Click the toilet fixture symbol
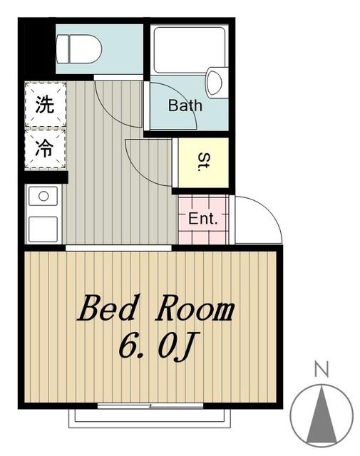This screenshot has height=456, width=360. click(x=78, y=49)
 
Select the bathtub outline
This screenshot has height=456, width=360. click(x=190, y=50)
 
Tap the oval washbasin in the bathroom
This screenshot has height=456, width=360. click(x=215, y=83)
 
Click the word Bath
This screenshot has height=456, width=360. click(x=185, y=105)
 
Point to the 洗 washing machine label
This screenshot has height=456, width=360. click(x=44, y=105)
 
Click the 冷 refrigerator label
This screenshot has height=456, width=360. click(x=44, y=148)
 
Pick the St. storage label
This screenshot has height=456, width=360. click(x=204, y=162)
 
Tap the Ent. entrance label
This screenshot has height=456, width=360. click(x=203, y=219)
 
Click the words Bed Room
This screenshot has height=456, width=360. click(x=155, y=308)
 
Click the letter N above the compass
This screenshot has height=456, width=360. click(x=322, y=369)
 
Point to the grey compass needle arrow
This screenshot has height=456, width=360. click(x=322, y=415)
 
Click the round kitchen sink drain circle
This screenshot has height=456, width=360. click(x=43, y=197)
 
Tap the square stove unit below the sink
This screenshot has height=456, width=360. click(x=43, y=229)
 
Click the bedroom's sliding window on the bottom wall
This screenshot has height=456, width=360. click(x=150, y=405)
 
